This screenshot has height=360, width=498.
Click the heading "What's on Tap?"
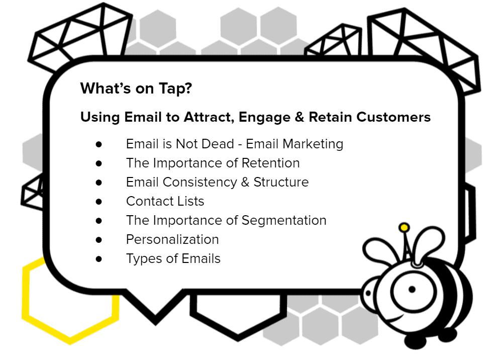(136, 88)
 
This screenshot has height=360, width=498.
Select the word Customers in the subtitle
(393, 117)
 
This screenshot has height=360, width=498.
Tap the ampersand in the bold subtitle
(300, 117)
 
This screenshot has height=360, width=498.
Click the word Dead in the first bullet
(218, 144)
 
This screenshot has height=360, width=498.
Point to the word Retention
(270, 163)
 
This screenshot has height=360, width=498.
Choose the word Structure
(281, 182)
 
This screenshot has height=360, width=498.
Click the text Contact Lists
(165, 201)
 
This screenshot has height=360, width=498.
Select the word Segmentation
(284, 221)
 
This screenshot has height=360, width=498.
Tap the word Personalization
(172, 239)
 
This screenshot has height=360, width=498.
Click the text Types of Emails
(173, 259)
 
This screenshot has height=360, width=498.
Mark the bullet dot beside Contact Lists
(99, 202)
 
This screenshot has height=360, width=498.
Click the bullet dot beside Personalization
(99, 239)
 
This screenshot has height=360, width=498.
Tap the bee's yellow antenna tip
(404, 227)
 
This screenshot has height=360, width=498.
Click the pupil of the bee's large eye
(412, 290)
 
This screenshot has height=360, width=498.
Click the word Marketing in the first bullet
(313, 144)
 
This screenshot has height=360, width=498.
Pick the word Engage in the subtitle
(264, 117)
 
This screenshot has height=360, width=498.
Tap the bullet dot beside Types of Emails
(99, 259)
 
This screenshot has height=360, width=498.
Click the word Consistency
(200, 183)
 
